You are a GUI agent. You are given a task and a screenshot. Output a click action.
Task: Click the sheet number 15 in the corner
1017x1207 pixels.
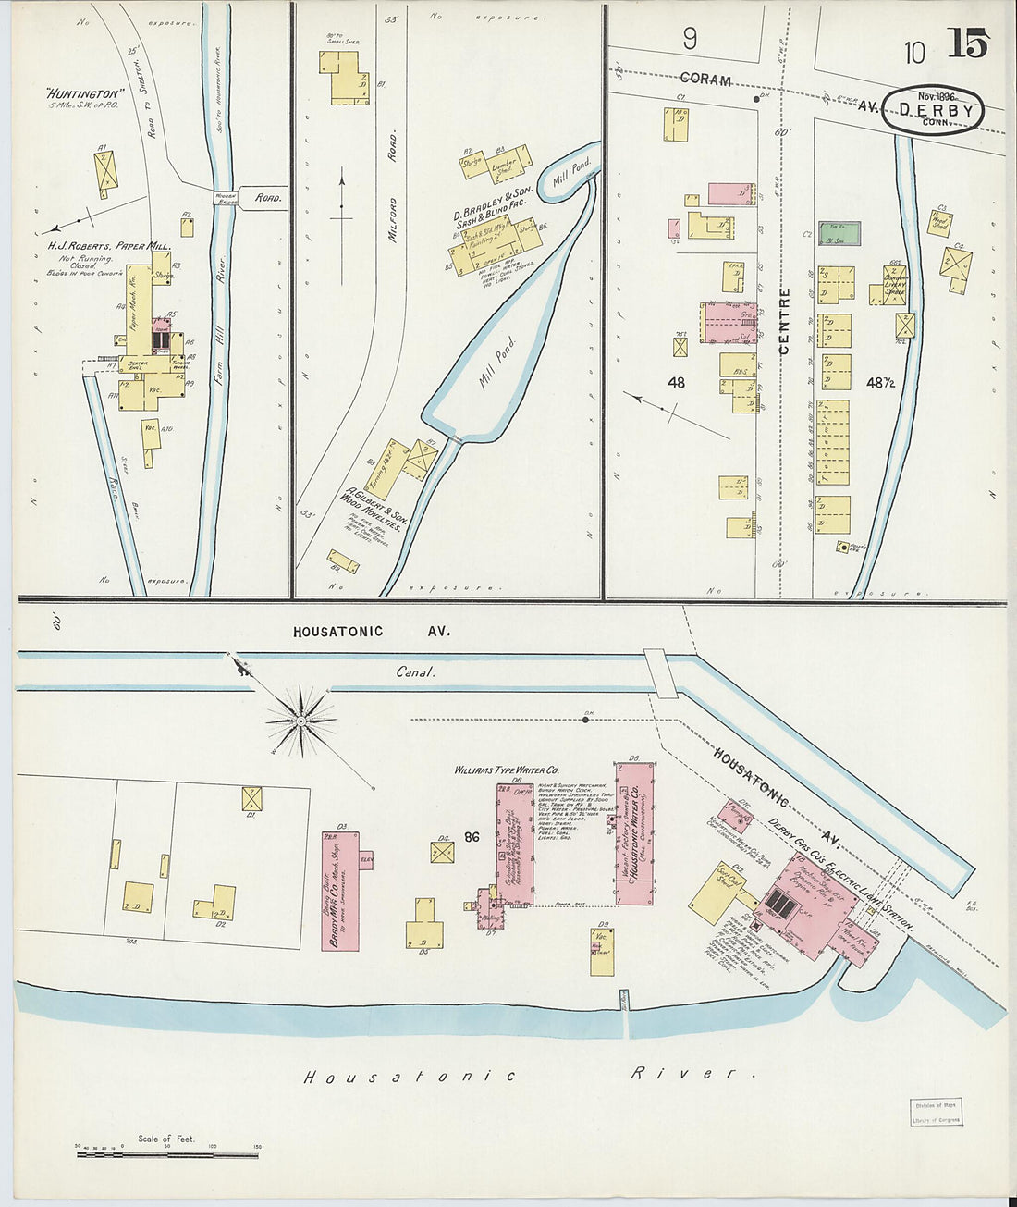tap(967, 43)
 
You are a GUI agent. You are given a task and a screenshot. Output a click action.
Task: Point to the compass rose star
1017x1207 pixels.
tap(301, 719)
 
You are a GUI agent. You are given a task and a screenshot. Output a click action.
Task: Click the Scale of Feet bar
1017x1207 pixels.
tap(166, 1153)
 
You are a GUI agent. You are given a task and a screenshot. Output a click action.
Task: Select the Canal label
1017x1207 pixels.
tap(415, 672)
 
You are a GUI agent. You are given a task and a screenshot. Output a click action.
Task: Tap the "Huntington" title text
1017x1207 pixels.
tap(84, 93)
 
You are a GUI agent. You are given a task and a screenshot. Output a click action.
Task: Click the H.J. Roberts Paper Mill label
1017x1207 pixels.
tap(109, 247)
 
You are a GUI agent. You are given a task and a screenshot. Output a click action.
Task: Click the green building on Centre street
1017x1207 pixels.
tap(839, 233)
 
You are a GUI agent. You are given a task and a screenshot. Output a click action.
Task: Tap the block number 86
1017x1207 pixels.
tap(472, 838)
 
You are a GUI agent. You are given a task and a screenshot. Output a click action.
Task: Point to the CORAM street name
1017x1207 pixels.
tap(705, 80)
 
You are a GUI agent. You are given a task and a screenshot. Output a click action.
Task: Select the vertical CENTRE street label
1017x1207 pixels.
tap(785, 322)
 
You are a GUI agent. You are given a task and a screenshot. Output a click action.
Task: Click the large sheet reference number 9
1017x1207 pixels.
tap(690, 39)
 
